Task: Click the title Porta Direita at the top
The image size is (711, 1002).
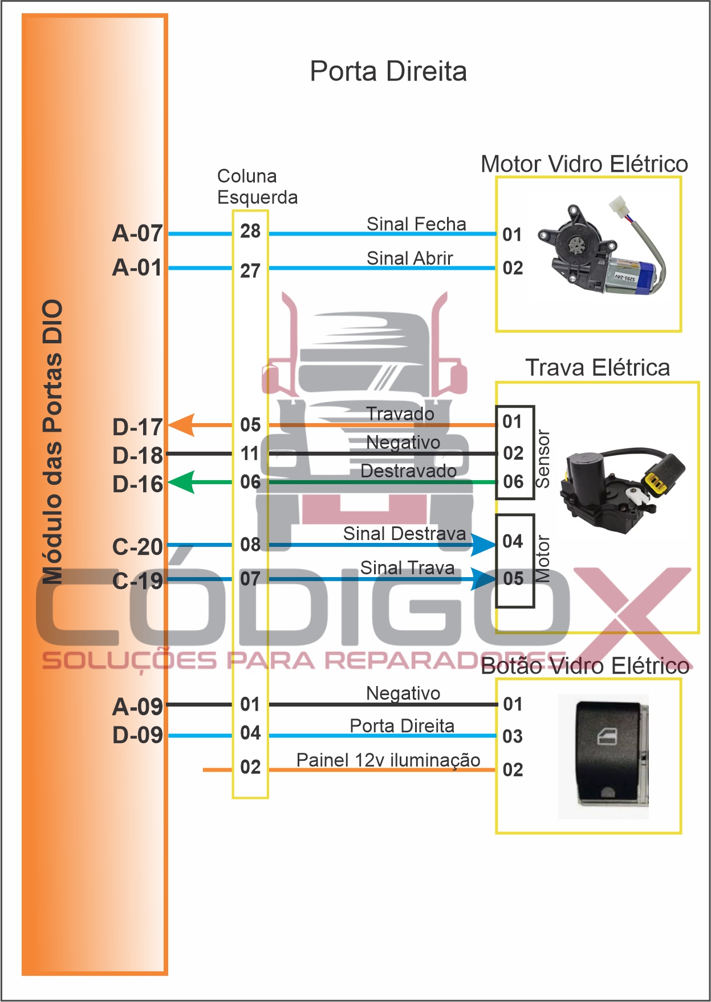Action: point(388,72)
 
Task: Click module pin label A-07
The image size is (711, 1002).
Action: point(137,233)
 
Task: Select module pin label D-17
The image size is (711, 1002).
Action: point(137,427)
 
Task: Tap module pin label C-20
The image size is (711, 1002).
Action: point(137,547)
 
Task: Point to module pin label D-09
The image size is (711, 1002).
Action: point(137,735)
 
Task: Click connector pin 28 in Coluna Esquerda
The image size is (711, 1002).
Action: point(250,231)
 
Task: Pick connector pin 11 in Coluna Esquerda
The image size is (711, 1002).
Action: point(250,454)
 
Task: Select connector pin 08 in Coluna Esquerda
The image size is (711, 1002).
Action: point(250,545)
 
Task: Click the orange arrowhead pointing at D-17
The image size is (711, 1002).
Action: point(182,425)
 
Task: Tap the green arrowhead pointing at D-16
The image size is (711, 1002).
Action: point(182,482)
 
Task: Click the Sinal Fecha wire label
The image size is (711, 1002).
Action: point(416,224)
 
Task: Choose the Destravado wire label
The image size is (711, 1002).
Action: point(408,471)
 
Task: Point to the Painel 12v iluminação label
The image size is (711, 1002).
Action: point(388,760)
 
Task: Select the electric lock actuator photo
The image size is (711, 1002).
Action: point(621,490)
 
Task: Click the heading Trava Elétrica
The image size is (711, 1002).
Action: point(597,368)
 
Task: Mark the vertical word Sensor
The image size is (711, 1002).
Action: point(543,459)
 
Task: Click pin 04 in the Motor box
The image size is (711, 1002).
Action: point(513,541)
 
